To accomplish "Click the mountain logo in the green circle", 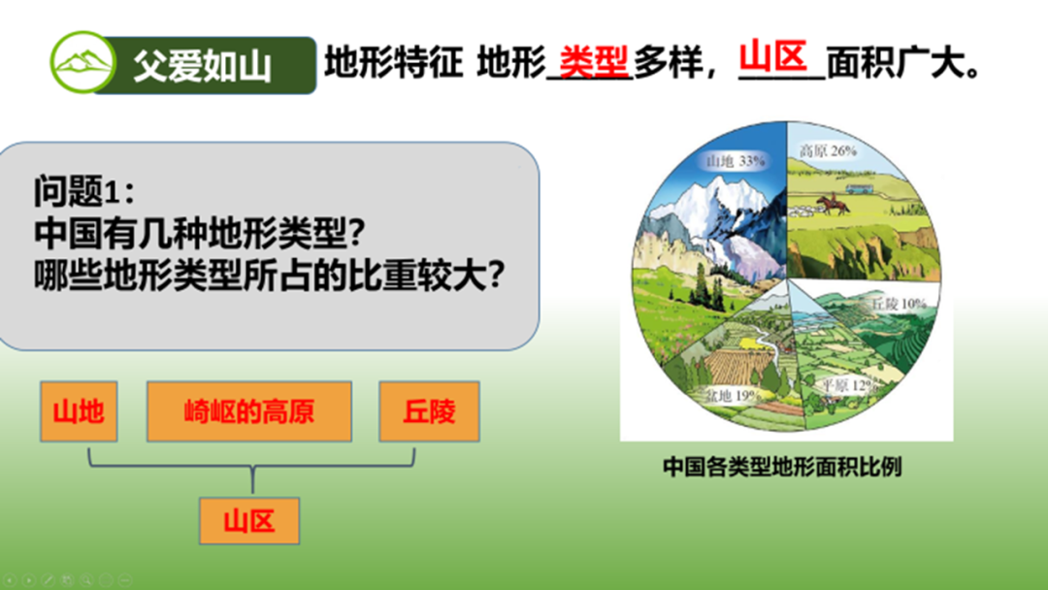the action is click(83, 62).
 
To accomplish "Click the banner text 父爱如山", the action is click(203, 65).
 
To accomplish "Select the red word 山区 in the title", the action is click(774, 57).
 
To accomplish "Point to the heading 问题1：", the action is click(84, 192).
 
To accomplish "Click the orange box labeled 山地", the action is click(79, 411).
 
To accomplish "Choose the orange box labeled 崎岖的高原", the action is click(249, 411).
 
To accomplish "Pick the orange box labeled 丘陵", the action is click(429, 411).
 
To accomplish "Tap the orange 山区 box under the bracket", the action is click(249, 520).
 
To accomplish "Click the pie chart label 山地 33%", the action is click(736, 161).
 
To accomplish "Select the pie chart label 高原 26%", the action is click(828, 151).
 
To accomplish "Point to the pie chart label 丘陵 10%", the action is click(899, 304).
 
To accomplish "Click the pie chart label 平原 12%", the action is click(848, 385).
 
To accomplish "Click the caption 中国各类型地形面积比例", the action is click(782, 467).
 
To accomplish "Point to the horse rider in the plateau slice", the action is click(833, 204).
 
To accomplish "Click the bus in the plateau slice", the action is click(859, 188).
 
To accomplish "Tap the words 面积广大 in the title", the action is click(903, 64).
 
